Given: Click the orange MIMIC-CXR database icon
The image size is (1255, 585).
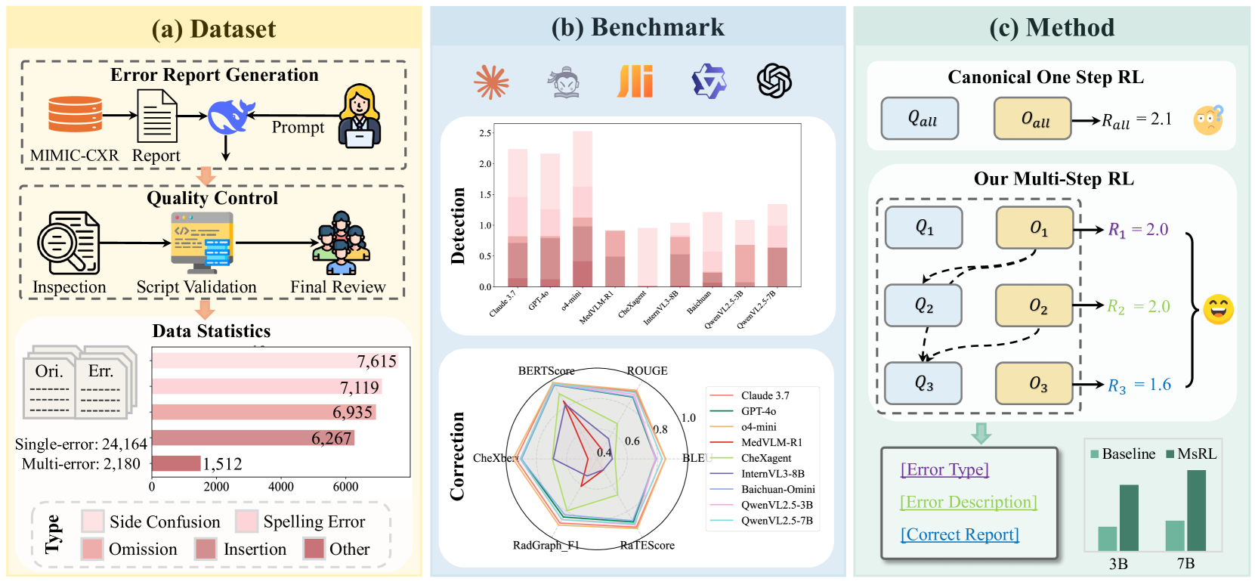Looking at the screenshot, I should [x=75, y=115].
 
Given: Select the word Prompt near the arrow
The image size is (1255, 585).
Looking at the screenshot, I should [x=298, y=128].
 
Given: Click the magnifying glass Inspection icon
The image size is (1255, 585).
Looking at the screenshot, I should [x=69, y=243].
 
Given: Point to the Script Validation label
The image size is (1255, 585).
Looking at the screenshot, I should [x=196, y=287].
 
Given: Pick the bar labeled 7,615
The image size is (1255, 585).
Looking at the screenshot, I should [x=275, y=361].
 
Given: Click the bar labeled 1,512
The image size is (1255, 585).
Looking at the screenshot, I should [x=177, y=463].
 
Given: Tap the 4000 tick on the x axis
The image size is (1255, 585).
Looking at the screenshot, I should [x=281, y=487].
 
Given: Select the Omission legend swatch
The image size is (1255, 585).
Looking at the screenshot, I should [x=92, y=549].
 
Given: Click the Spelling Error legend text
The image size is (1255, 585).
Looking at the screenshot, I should [x=314, y=522].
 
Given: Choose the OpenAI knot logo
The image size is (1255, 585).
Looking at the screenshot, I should [x=774, y=81].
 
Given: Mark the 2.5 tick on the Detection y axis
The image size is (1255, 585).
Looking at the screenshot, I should [x=485, y=133].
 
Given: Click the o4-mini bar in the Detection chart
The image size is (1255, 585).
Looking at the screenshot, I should [x=583, y=209].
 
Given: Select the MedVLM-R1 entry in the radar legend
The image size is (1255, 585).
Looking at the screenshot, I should [x=771, y=442].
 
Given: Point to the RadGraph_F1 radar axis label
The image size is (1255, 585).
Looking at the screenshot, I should [x=546, y=545].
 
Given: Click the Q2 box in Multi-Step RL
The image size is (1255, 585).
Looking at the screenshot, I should [x=923, y=305].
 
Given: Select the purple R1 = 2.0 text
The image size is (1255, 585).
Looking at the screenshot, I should [x=1138, y=230].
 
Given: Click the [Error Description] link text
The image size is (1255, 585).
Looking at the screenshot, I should [x=968, y=502].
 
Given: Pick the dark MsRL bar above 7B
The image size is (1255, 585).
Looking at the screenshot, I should [x=1196, y=510].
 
